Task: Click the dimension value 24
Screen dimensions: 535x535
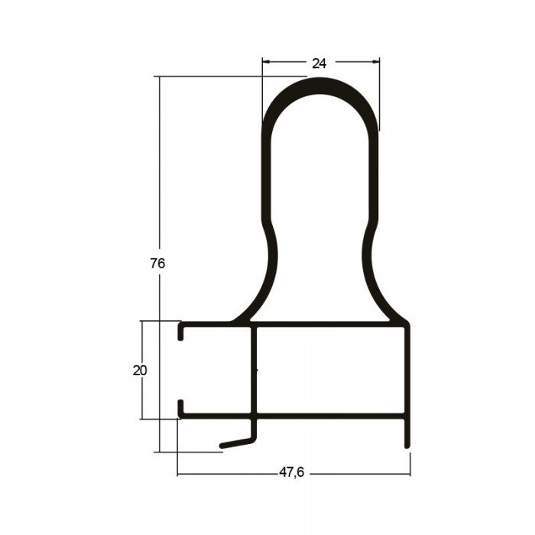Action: tap(319, 63)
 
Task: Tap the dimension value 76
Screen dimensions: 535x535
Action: tap(157, 264)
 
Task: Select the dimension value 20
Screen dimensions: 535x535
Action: tap(140, 371)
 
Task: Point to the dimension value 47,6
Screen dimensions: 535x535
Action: tap(292, 472)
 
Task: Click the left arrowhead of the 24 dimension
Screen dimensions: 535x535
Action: tap(266, 62)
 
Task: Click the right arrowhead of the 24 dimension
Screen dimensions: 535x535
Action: tap(376, 62)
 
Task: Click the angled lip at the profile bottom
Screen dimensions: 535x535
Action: tap(238, 443)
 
